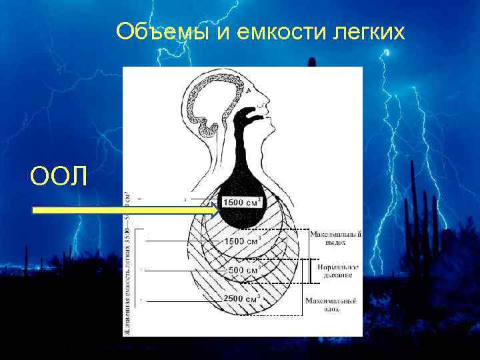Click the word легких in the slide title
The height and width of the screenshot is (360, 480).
point(367,31)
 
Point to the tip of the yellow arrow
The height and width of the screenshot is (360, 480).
point(219,211)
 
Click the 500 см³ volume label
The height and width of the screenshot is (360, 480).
point(243,271)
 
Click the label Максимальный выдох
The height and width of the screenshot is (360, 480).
point(335,238)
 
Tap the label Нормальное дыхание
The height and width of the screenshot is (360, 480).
point(335,271)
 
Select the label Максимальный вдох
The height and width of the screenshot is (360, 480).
point(332,305)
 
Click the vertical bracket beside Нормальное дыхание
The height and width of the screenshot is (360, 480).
point(308,271)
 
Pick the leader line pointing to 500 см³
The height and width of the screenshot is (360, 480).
point(183,271)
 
